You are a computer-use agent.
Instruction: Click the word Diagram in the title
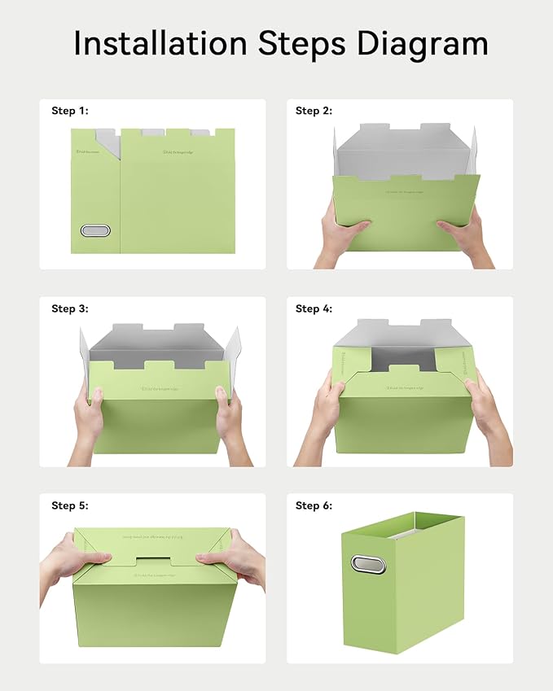click(x=422, y=43)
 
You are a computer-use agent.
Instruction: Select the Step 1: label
click(x=69, y=111)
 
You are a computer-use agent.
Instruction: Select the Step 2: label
click(x=314, y=111)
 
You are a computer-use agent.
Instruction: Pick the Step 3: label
click(x=69, y=308)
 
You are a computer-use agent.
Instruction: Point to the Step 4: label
click(x=314, y=308)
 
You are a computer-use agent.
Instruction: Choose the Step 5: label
click(x=69, y=505)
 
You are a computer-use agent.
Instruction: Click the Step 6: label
click(x=314, y=505)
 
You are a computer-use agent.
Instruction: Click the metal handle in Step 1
click(x=95, y=230)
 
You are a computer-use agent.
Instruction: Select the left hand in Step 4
click(x=323, y=415)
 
